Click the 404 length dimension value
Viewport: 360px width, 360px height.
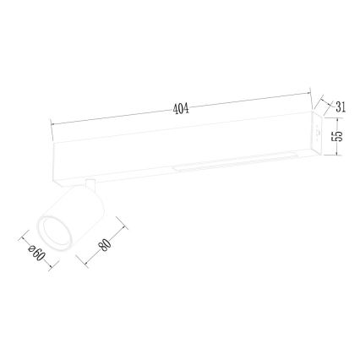point(180,109)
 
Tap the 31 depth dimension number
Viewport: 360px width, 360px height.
point(341,107)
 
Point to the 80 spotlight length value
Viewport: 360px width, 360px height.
point(105,244)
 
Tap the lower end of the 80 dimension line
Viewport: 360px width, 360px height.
point(84,262)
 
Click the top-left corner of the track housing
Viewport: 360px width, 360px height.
point(54,139)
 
